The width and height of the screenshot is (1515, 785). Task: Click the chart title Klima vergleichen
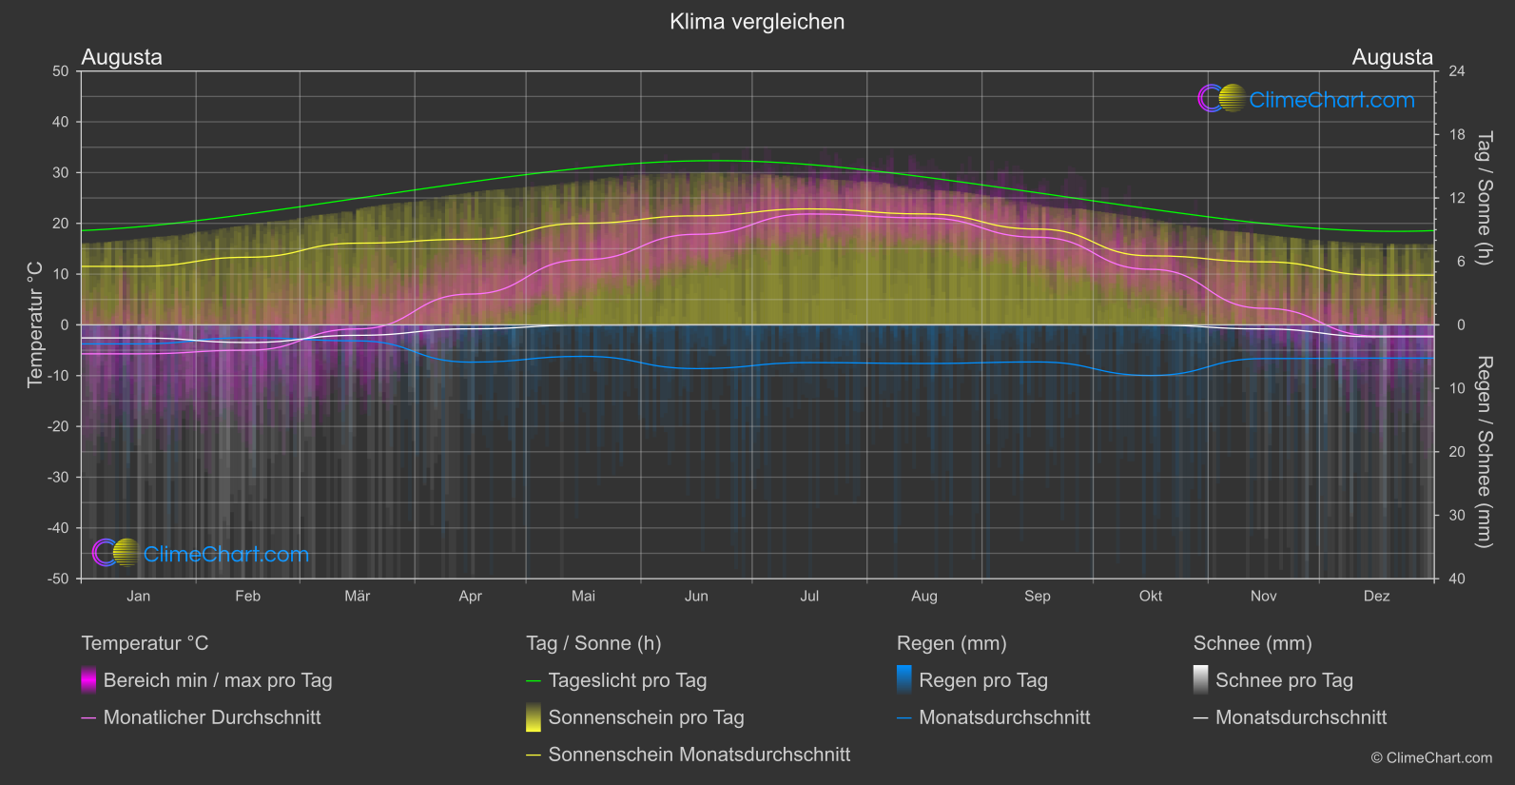pos(757,22)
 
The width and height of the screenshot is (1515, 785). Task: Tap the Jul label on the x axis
pos(809,596)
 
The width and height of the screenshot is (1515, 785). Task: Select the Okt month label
pos(1151,596)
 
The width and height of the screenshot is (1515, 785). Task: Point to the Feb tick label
pos(247,596)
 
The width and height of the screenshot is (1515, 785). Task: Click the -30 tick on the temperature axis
pos(58,477)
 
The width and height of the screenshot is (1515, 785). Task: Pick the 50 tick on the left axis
pos(61,71)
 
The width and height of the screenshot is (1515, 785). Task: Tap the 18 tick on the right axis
pos(1457,135)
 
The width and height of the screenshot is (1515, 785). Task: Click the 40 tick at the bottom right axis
pos(1457,579)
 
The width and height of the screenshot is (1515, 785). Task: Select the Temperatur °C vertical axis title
pos(35,324)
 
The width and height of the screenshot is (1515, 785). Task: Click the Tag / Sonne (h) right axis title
pos(1484,198)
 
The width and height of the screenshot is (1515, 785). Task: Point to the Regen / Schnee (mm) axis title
pos(1484,452)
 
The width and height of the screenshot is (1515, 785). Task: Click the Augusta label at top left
pos(122,57)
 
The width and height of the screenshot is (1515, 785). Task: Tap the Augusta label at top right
pos(1392,57)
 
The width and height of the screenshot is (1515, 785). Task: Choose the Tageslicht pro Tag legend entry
pos(627,680)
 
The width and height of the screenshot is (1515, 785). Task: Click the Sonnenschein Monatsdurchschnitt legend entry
pos(699,755)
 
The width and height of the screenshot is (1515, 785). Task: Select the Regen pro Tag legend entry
pos(982,680)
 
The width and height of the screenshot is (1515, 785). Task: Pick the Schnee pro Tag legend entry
pos(1284,680)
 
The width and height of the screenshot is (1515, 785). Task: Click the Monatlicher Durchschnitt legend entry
pos(211,717)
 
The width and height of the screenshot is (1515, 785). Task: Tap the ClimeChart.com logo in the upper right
pos(1307,99)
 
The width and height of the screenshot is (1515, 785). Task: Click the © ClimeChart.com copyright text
pos(1431,758)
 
